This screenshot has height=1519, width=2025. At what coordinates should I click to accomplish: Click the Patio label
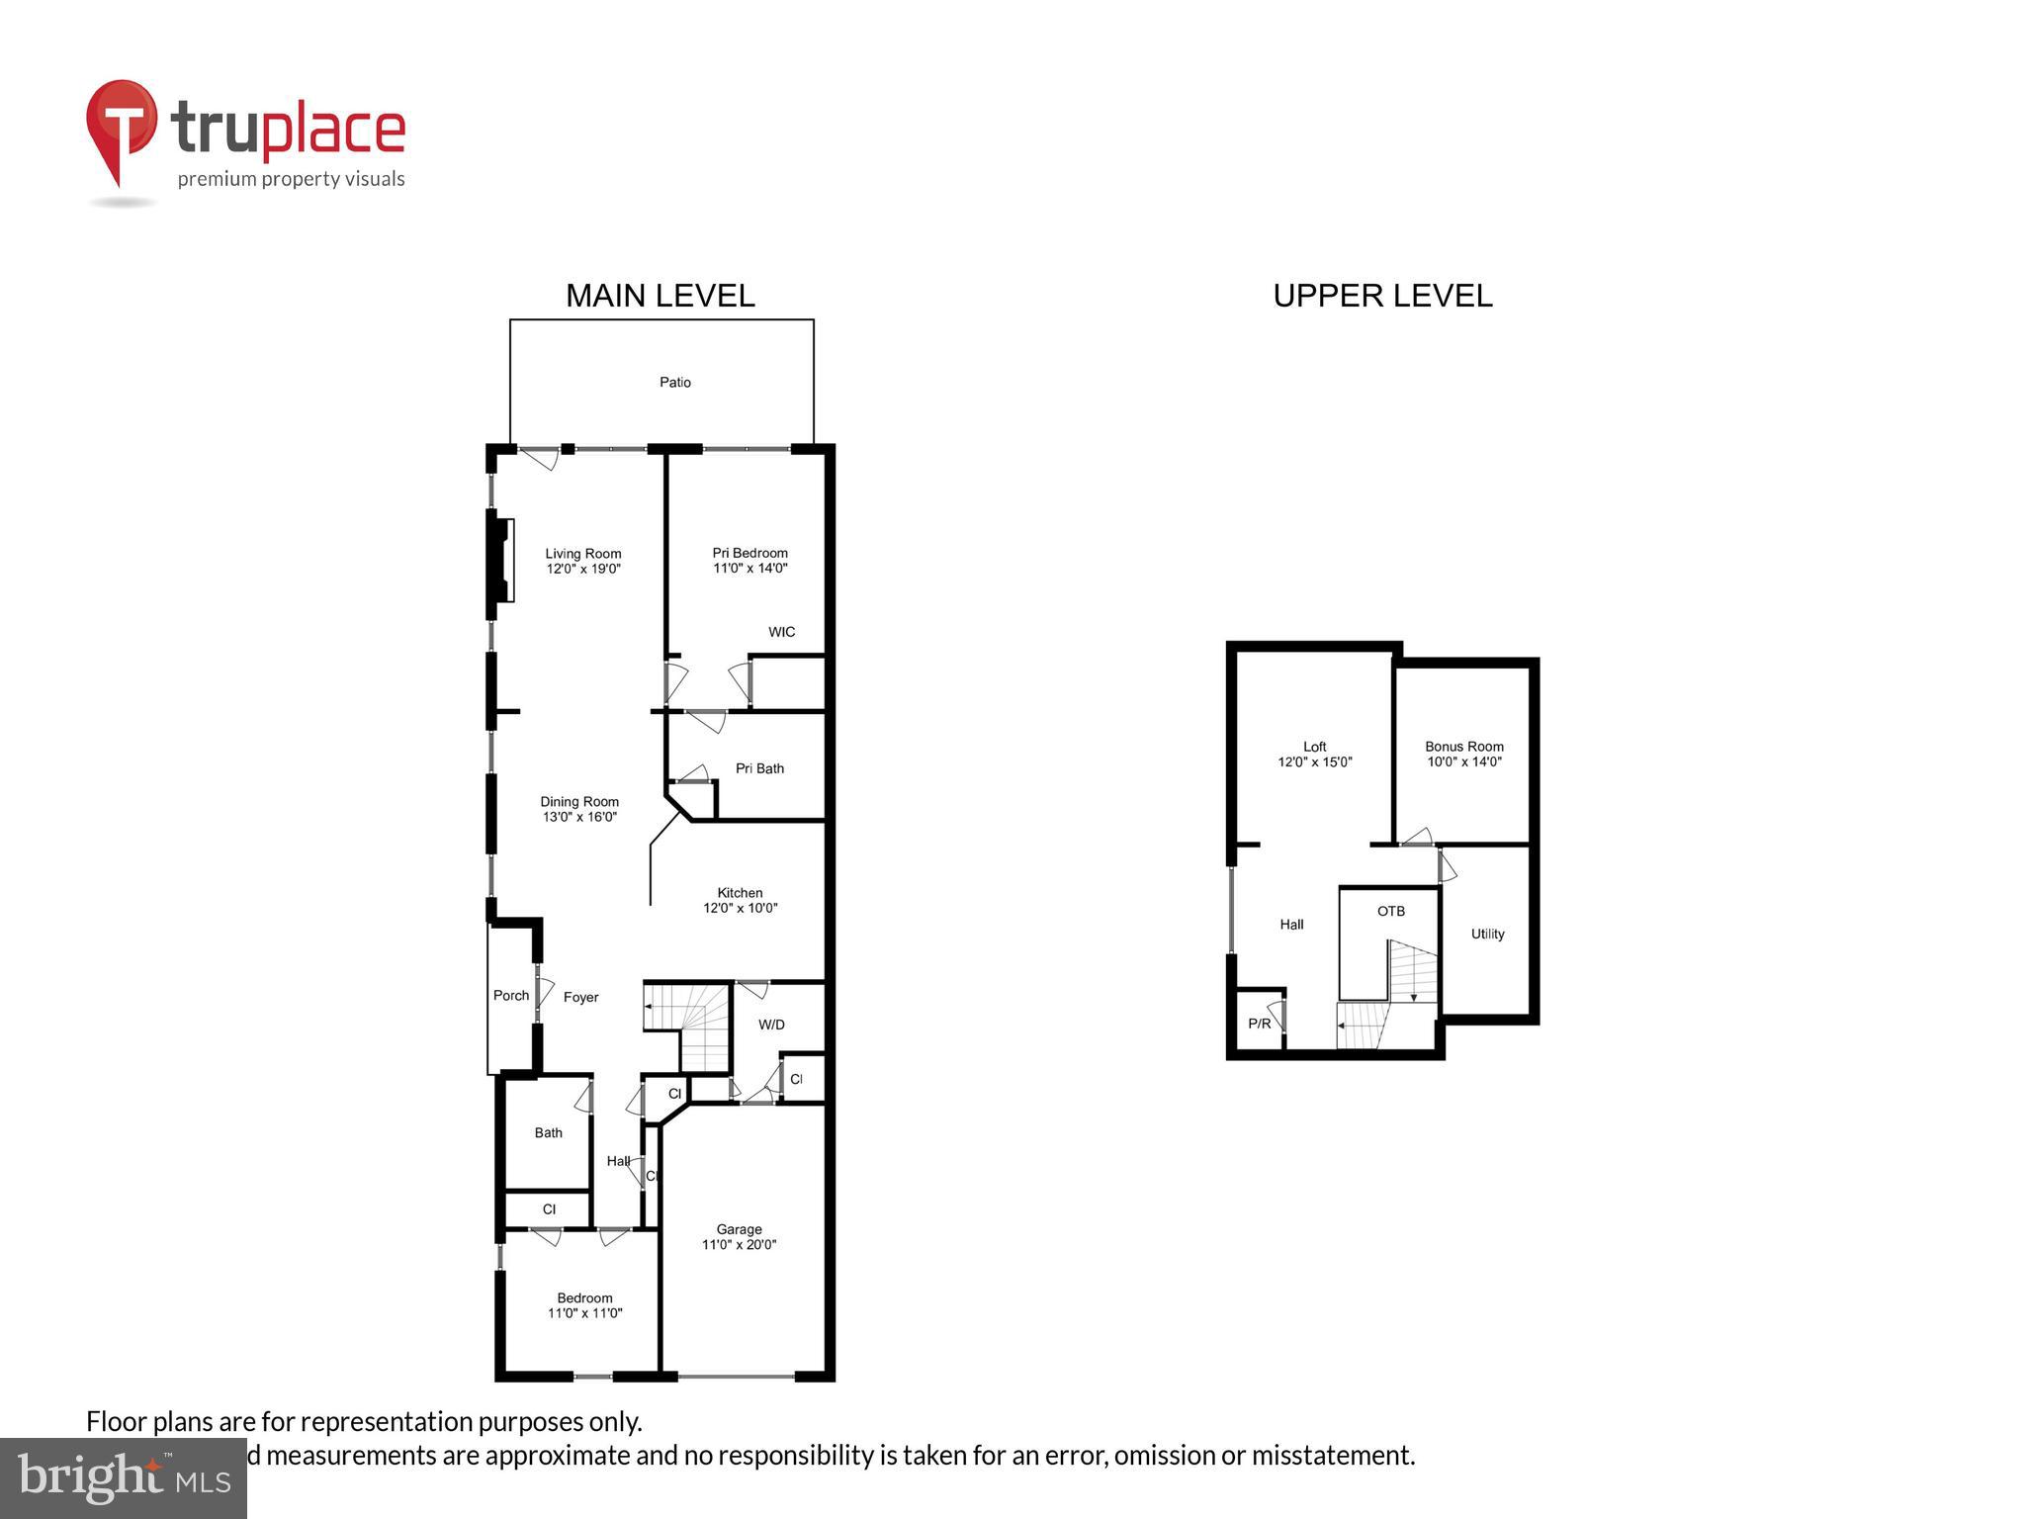click(x=675, y=383)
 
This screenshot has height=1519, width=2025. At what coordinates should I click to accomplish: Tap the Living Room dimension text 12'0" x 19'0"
click(x=583, y=570)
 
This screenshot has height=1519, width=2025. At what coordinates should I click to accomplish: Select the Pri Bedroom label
click(x=750, y=554)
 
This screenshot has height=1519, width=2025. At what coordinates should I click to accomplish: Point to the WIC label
click(x=782, y=632)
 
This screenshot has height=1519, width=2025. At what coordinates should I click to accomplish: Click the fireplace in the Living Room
click(x=503, y=560)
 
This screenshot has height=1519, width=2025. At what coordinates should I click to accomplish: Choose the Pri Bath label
click(x=759, y=768)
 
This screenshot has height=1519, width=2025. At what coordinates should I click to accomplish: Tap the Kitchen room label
click(x=741, y=893)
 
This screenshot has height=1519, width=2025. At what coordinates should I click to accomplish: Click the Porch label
click(x=511, y=996)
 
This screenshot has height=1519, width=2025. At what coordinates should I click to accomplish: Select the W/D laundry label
click(x=772, y=1025)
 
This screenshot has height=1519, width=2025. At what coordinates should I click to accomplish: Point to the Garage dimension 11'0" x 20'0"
click(x=740, y=1245)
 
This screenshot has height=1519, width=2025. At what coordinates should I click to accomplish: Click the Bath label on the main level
click(x=549, y=1133)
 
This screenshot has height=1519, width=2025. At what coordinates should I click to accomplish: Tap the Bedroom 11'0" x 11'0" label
click(x=585, y=1305)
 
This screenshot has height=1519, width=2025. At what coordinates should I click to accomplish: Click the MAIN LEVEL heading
click(x=660, y=296)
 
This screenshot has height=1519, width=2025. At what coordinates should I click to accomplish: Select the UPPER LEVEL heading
click(x=1382, y=296)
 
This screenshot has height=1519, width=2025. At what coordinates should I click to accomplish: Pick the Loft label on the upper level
click(x=1315, y=748)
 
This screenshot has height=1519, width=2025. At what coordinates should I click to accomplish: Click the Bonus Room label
click(x=1464, y=748)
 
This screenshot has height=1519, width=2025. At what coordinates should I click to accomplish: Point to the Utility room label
click(x=1488, y=935)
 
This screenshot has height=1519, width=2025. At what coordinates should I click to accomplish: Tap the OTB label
click(x=1391, y=912)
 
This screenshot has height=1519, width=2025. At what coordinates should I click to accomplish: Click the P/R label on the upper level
click(x=1260, y=1025)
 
